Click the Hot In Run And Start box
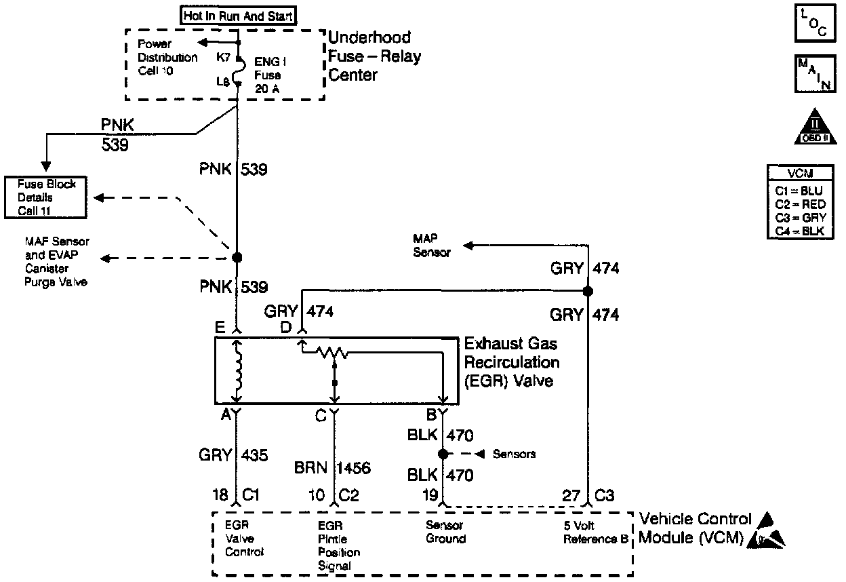[x=230, y=16]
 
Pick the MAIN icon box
[x=813, y=75]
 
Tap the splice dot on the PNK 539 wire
[x=237, y=258]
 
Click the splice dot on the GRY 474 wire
[x=588, y=291]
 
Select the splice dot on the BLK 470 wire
[x=442, y=454]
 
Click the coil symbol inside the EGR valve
[x=237, y=372]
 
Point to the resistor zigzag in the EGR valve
[x=332, y=351]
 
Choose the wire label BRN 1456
[x=333, y=468]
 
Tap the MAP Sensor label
[x=431, y=246]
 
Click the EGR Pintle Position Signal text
[x=339, y=545]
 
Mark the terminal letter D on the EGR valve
[x=286, y=328]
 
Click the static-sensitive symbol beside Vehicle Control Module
[x=769, y=532]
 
